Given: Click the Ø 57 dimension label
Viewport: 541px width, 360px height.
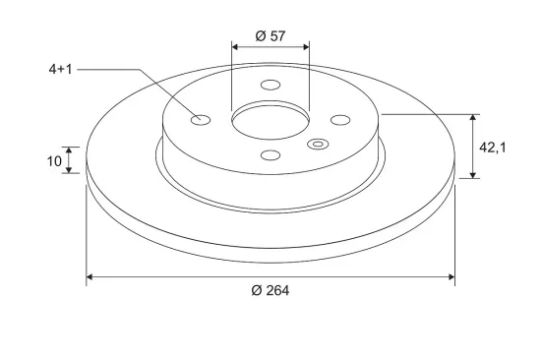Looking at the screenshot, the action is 270,35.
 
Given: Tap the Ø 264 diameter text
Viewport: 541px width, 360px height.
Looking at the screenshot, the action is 270,290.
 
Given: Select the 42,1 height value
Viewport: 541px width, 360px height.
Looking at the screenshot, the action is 493,148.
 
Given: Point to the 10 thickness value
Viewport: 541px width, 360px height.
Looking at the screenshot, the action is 54,161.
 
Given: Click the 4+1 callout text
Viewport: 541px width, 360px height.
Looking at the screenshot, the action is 61,70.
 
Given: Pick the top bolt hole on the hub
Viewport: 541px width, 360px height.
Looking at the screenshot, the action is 270,85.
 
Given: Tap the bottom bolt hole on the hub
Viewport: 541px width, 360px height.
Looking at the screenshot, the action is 270,155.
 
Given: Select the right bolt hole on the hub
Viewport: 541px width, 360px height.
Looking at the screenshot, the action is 340,120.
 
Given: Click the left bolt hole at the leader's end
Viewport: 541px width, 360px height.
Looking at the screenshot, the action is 201,120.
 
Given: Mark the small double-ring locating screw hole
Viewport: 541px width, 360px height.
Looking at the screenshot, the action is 318,144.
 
